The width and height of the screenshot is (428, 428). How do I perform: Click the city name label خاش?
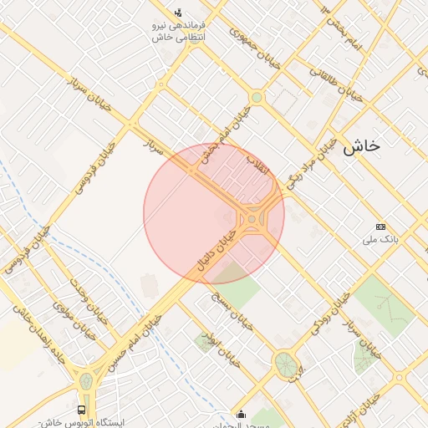point(361,145)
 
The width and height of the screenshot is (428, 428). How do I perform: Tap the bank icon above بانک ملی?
point(381,227)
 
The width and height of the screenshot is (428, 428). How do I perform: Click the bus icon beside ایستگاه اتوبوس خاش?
point(81,410)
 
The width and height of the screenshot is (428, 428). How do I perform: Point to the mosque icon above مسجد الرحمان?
point(242,413)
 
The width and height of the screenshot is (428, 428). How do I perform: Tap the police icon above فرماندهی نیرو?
point(178,13)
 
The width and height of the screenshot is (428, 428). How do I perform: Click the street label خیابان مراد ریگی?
point(313,162)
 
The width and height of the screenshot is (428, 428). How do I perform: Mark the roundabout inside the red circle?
point(252,220)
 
